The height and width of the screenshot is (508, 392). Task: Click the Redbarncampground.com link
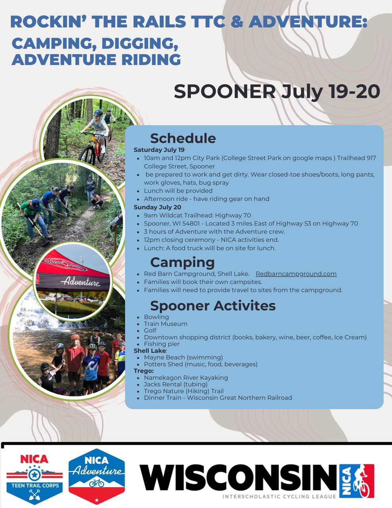pyautogui.click(x=296, y=274)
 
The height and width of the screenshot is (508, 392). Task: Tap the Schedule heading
pyautogui.click(x=183, y=138)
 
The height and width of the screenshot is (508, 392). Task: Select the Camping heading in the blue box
pyautogui.click(x=182, y=263)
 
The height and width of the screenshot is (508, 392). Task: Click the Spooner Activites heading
pyautogui.click(x=213, y=306)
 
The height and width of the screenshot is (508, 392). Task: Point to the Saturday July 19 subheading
pyautogui.click(x=159, y=150)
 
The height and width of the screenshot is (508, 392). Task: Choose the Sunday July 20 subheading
pyautogui.click(x=157, y=207)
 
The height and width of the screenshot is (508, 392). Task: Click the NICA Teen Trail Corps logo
pyautogui.click(x=34, y=478)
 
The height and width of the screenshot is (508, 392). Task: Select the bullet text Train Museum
pyautogui.click(x=166, y=324)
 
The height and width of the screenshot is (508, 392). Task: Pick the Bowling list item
pyautogui.click(x=156, y=317)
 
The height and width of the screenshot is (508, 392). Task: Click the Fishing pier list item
pyautogui.click(x=162, y=344)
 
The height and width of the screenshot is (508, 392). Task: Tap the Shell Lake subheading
pyautogui.click(x=150, y=351)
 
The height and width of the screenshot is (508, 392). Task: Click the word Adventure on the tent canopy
pyautogui.click(x=80, y=282)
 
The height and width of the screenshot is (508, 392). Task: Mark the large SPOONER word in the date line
pyautogui.click(x=225, y=91)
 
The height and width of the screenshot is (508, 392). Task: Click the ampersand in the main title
pyautogui.click(x=237, y=21)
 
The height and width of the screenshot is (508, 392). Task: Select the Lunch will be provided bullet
pyautogui.click(x=178, y=191)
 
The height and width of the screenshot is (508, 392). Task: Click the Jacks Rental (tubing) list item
pyautogui.click(x=176, y=384)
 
